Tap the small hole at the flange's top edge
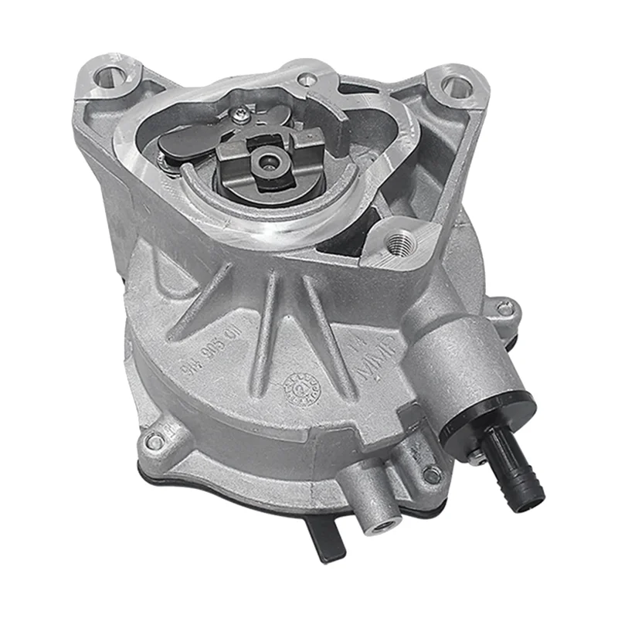coord(307,77)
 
